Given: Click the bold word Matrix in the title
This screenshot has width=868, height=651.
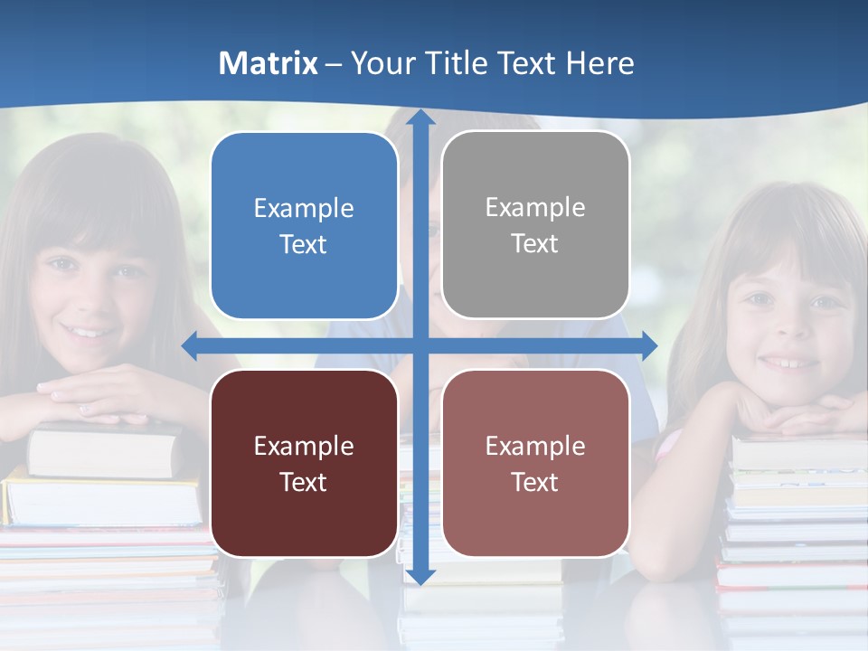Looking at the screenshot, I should pos(269,63).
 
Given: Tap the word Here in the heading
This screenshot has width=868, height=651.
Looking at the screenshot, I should pos(599,63).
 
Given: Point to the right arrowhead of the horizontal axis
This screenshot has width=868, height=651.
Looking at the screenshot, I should pos(648,345).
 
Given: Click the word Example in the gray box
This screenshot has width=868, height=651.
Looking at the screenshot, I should pos(535,208).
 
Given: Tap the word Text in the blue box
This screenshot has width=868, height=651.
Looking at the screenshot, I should pos(304,245).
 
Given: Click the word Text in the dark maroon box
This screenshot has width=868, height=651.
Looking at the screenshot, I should pos(304,483).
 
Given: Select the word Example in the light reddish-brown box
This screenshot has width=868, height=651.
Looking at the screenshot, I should pos(535,446).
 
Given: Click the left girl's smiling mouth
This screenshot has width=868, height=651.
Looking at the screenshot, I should pos(88,332).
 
